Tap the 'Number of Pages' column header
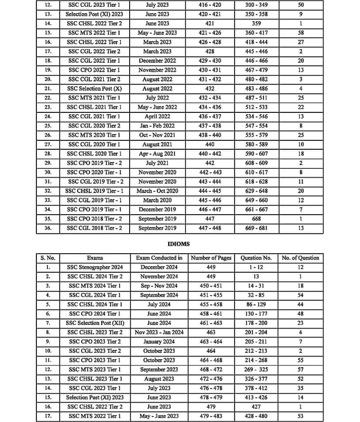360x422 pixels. (210, 258)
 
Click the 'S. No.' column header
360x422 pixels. (48, 258)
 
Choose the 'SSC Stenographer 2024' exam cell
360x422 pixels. (95, 267)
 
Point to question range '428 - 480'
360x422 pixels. (256, 416)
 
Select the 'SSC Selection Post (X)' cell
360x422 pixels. (95, 89)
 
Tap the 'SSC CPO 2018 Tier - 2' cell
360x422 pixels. (95, 219)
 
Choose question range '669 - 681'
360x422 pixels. (256, 228)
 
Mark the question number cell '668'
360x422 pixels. (256, 219)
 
